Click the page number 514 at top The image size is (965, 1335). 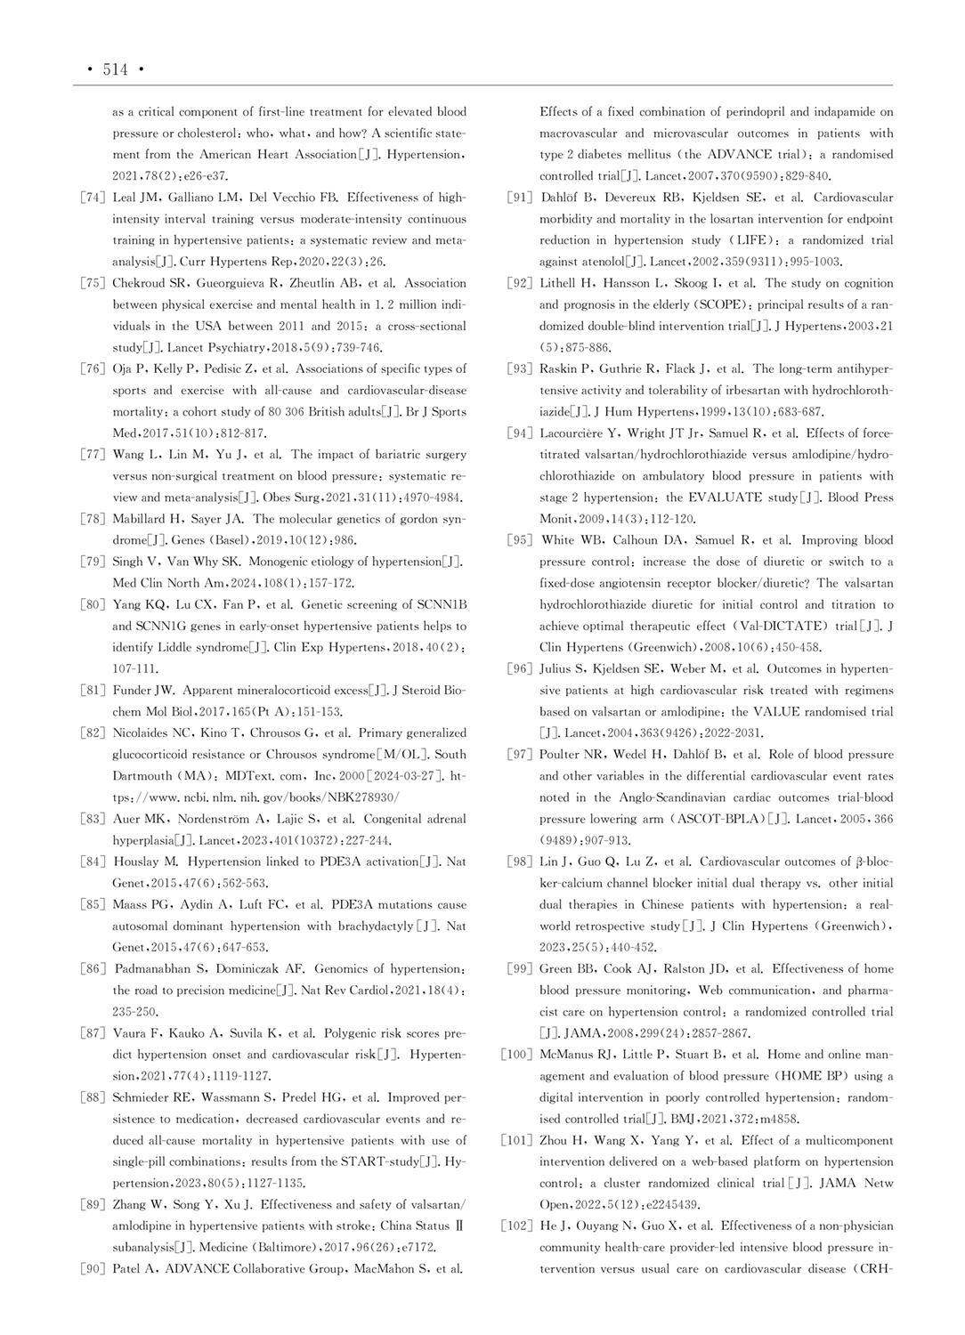tap(116, 69)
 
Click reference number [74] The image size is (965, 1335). tap(93, 198)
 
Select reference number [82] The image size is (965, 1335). tap(93, 733)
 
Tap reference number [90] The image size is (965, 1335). tap(93, 1269)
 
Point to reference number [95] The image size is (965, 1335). tap(520, 540)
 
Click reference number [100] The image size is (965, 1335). tap(516, 1055)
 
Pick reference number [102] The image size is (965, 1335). tap(516, 1226)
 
